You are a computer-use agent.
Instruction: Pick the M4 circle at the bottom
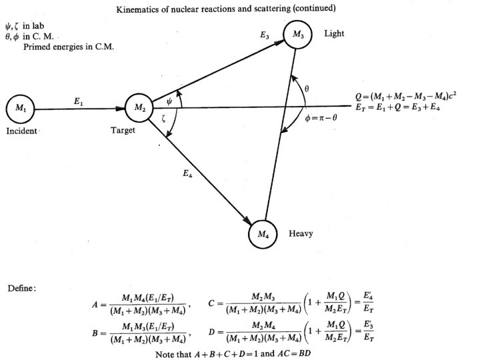[x=263, y=234]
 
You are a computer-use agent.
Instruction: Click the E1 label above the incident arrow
[x=79, y=99]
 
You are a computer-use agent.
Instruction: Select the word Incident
[x=22, y=131]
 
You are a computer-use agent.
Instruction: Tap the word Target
[x=123, y=131]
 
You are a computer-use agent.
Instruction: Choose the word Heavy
[x=301, y=234]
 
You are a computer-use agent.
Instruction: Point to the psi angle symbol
[x=170, y=102]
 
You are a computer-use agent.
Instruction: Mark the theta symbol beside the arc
[x=307, y=88]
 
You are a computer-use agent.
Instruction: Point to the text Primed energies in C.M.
[x=69, y=47]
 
